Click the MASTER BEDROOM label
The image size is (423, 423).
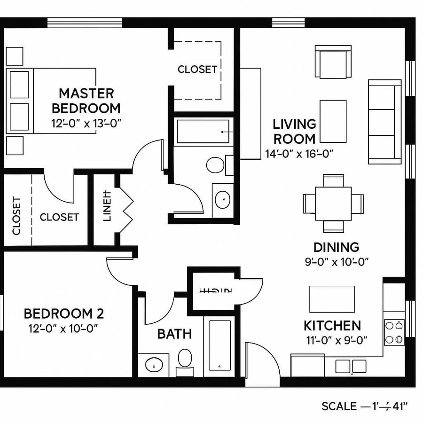pyautogui.click(x=86, y=101)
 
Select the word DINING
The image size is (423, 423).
pyautogui.click(x=336, y=247)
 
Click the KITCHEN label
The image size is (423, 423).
pyautogui.click(x=332, y=325)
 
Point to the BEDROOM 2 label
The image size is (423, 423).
pyautogui.click(x=64, y=313)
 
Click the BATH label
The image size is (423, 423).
pyautogui.click(x=174, y=334)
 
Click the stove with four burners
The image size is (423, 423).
pyautogui.click(x=394, y=332)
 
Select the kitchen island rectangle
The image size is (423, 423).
pyautogui.click(x=332, y=299)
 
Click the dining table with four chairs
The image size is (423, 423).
pyautogui.click(x=333, y=203)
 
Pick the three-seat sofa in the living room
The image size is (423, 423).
pyautogui.click(x=384, y=122)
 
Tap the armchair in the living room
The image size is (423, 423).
pyautogui.click(x=333, y=62)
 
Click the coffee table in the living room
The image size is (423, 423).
pyautogui.click(x=333, y=121)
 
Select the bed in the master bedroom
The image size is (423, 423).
pyautogui.click(x=52, y=101)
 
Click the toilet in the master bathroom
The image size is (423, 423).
pyautogui.click(x=216, y=165)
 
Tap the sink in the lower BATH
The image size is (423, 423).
pyautogui.click(x=153, y=365)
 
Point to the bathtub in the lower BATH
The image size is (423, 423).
pyautogui.click(x=219, y=345)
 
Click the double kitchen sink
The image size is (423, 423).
pyautogui.click(x=351, y=366)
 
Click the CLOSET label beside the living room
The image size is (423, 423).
pyautogui.click(x=197, y=69)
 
